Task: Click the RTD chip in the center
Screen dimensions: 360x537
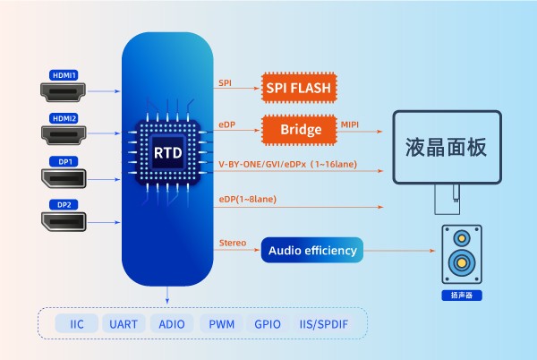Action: click(167, 153)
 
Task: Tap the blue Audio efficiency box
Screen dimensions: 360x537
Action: click(312, 251)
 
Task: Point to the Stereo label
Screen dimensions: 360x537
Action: click(232, 243)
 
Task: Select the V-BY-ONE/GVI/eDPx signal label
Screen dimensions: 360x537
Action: click(286, 164)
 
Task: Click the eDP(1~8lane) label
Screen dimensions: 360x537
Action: click(246, 198)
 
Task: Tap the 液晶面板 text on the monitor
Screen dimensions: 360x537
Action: click(446, 147)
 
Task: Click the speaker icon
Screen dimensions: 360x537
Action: click(462, 253)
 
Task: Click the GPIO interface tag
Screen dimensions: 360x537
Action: click(268, 323)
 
